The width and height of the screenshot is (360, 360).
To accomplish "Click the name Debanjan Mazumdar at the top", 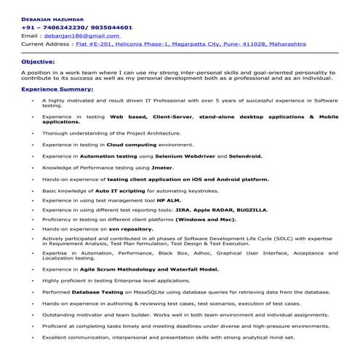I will (x=53, y=16).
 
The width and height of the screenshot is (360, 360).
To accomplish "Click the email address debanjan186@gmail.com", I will (x=82, y=34).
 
